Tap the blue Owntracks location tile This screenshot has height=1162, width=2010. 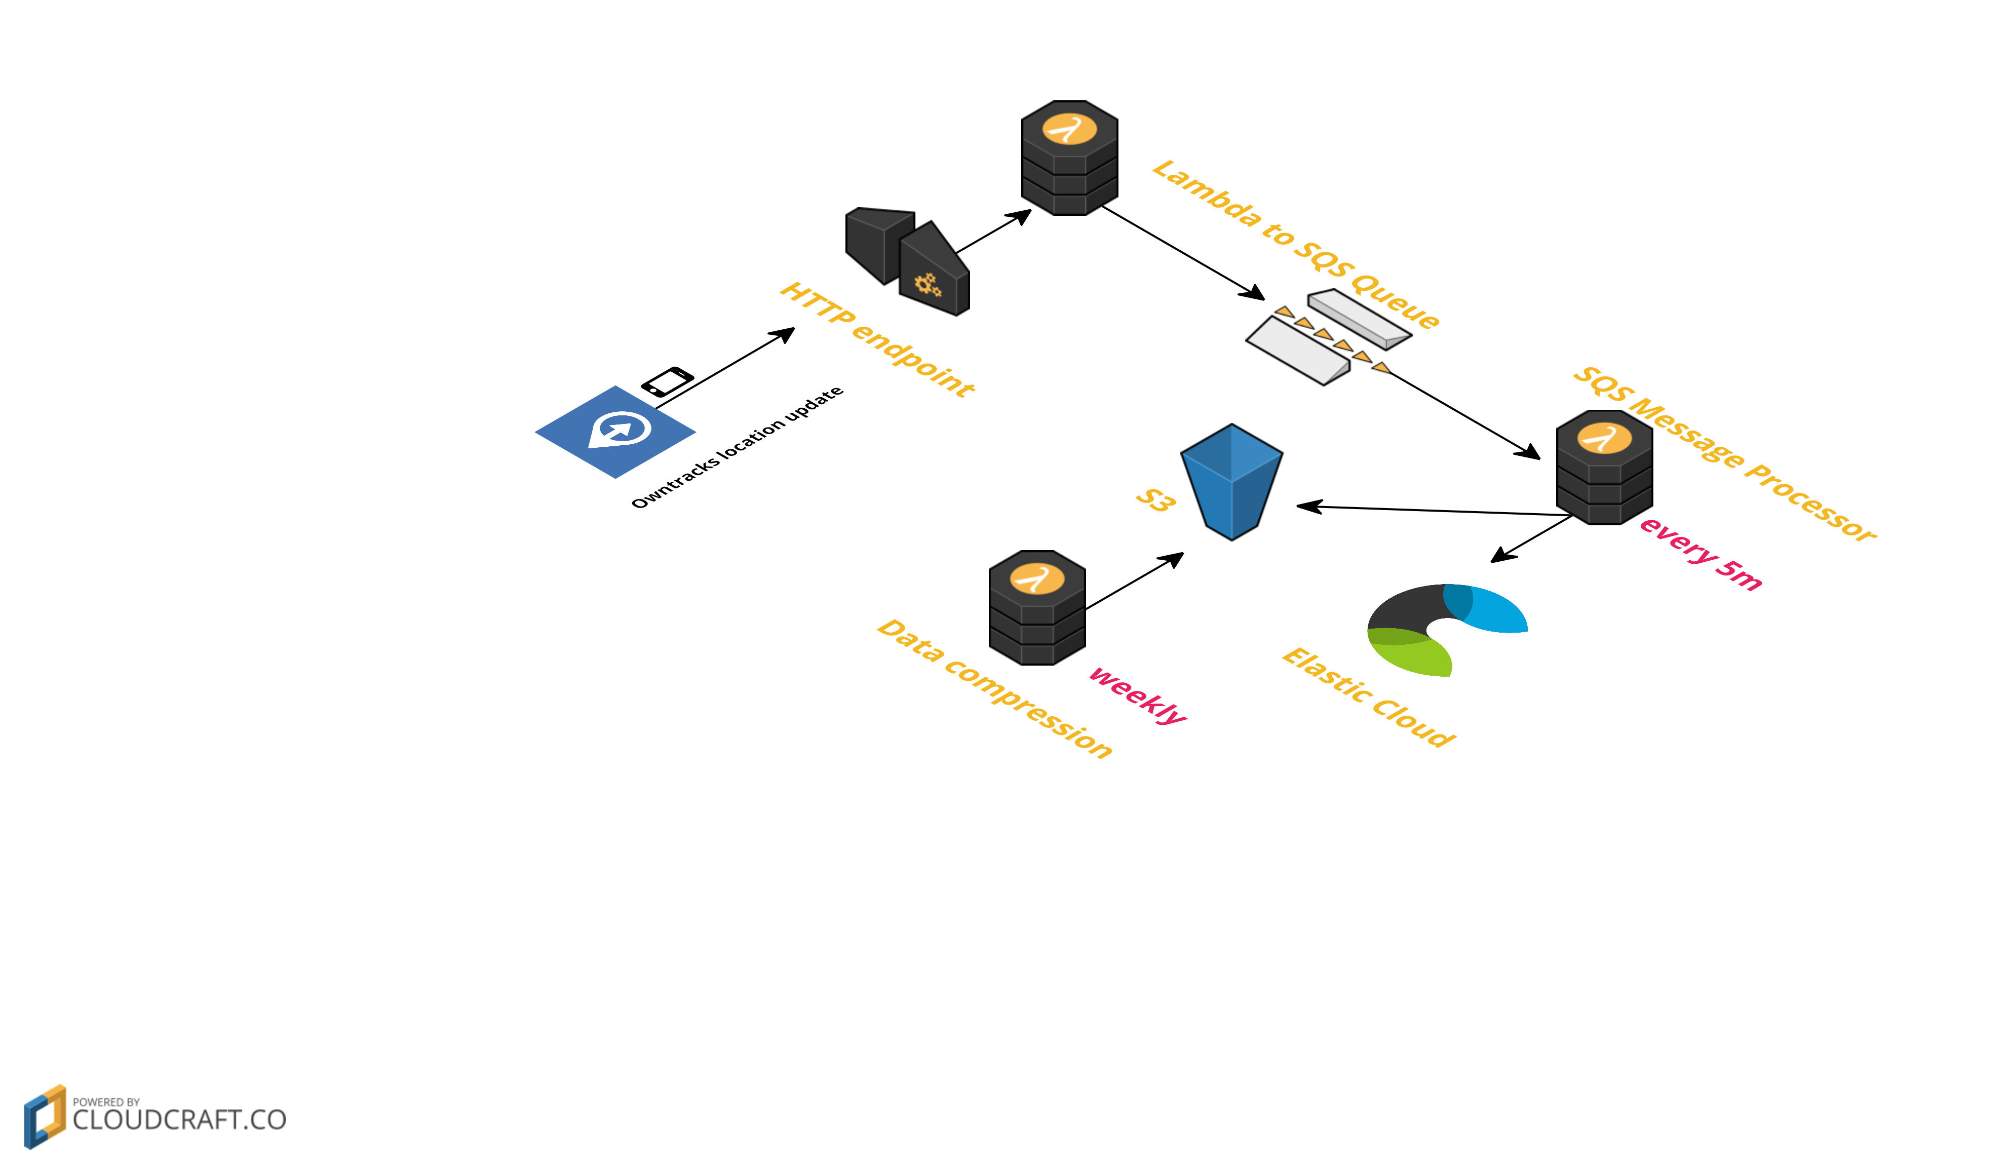coord(615,432)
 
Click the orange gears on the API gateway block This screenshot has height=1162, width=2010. coord(927,284)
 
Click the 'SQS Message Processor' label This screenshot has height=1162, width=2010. coord(1723,454)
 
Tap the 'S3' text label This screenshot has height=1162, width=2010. coord(1155,500)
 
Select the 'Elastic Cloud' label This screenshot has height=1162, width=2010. coord(1368,696)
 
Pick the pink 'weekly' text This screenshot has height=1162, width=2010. coord(1137,694)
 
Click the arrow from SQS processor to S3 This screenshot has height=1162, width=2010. coord(1436,511)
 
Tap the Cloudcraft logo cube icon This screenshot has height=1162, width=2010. coord(45,1116)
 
